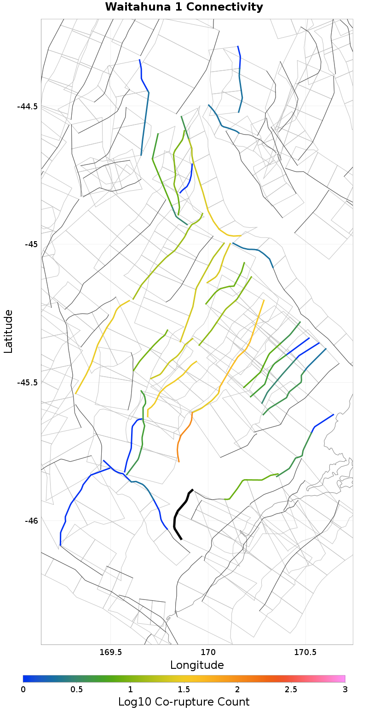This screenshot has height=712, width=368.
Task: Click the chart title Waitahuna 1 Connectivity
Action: point(184,7)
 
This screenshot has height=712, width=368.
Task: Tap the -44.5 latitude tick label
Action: point(27,106)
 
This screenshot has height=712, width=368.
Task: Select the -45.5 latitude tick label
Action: point(27,382)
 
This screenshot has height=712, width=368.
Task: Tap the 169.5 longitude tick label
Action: point(111,652)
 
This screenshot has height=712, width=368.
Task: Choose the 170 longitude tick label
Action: point(208,652)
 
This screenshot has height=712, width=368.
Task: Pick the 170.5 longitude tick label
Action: point(305,652)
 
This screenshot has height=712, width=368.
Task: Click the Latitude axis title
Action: point(8,331)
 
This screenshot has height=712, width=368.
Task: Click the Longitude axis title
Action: point(197,665)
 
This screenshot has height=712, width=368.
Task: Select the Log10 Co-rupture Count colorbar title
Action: point(184,702)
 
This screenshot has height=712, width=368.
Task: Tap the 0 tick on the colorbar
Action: point(23,689)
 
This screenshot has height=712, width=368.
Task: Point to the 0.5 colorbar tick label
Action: point(76,689)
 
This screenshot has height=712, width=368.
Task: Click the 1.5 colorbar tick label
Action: point(184,689)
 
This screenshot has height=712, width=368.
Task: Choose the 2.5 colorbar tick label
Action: point(291,689)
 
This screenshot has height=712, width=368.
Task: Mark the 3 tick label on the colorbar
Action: point(345,689)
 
